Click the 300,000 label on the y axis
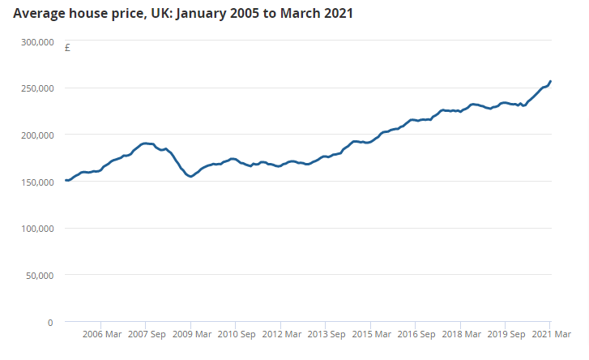click(x=36, y=41)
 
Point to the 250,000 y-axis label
click(x=36, y=88)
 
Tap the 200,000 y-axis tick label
click(x=36, y=135)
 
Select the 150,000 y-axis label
click(x=36, y=182)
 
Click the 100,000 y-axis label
click(x=36, y=229)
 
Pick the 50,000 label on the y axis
click(x=39, y=276)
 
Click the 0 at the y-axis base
click(x=49, y=322)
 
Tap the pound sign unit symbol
click(x=67, y=48)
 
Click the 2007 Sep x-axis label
click(x=147, y=334)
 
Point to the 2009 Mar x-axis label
click(x=191, y=334)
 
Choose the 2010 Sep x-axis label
click(x=237, y=334)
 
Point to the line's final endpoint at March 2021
click(x=550, y=81)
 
